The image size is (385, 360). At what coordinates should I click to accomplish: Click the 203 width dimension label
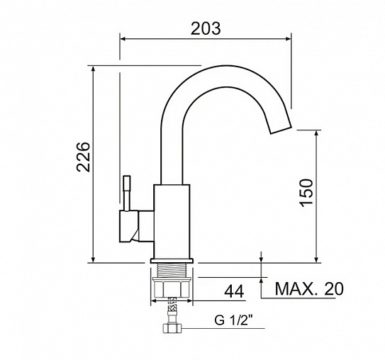206,28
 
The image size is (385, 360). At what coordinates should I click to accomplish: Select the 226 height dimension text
83,157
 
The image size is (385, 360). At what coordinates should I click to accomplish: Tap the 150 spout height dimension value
306,193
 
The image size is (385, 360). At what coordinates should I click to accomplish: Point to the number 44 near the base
234,291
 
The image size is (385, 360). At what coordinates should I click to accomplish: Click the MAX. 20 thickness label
309,289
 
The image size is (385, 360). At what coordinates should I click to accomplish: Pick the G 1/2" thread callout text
233,320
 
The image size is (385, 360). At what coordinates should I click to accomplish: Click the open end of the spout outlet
281,130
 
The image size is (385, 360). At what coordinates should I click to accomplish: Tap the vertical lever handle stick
127,193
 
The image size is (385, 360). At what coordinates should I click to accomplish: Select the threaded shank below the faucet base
172,270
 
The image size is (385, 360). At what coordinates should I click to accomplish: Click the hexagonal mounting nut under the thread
172,287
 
